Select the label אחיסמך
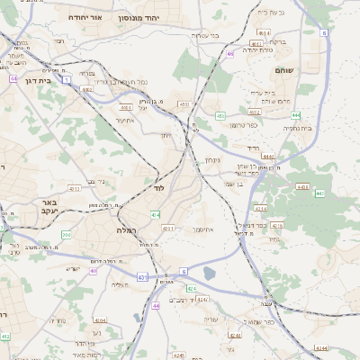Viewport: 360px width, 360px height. point(202,229)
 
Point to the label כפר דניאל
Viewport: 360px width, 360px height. point(255,225)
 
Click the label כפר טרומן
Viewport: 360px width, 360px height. point(244,125)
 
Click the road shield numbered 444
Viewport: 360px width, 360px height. point(295,114)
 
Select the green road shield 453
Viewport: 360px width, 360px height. point(220,115)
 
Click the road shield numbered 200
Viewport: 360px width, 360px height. point(66,234)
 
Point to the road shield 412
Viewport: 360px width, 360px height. point(5,336)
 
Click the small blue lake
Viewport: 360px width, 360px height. point(210,273)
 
